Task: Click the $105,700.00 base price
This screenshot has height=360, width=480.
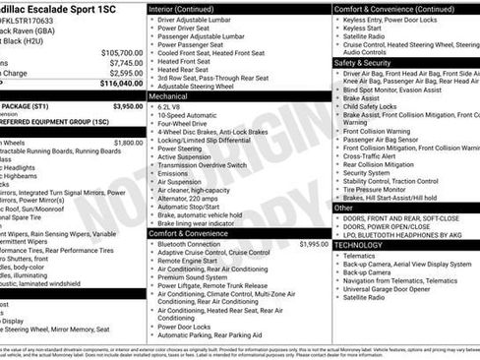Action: pyautogui.click(x=122, y=52)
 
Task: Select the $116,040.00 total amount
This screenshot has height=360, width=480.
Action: pyautogui.click(x=122, y=84)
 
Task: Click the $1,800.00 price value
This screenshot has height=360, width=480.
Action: pyautogui.click(x=128, y=143)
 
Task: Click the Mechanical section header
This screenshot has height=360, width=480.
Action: pyautogui.click(x=170, y=96)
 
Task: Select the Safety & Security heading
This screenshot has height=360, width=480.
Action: pyautogui.click(x=363, y=62)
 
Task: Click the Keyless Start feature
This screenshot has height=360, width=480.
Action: pyautogui.click(x=362, y=29)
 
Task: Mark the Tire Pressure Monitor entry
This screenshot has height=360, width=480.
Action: pyautogui.click(x=379, y=190)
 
